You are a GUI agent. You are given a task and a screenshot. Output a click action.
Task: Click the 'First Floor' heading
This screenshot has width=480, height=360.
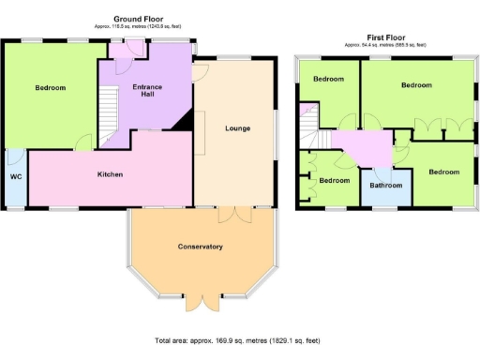(x=384, y=37)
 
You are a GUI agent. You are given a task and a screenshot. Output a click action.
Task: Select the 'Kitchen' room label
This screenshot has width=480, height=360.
(x=111, y=174)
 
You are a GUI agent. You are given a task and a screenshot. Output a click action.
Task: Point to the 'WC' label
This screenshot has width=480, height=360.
(x=15, y=176)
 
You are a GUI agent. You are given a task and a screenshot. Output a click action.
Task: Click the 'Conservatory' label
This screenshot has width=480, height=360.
(x=200, y=247)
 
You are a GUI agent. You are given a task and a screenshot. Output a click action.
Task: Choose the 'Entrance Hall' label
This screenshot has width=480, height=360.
(x=146, y=90)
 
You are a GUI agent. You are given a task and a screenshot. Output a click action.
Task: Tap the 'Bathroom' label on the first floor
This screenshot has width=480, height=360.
(x=385, y=186)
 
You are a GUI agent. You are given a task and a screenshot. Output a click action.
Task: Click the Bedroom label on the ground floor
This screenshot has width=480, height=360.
(x=51, y=88)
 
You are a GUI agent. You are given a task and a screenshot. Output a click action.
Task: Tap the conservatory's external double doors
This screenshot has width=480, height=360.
(x=204, y=303)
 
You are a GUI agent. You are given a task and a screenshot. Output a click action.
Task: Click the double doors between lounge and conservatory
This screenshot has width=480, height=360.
(x=229, y=214)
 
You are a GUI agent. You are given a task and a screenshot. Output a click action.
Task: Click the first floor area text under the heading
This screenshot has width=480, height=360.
(x=384, y=45)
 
